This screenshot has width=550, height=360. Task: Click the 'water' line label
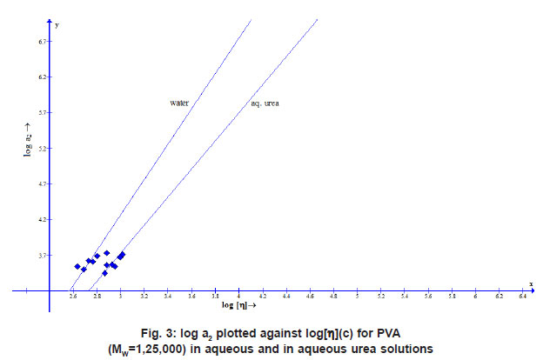coord(179,103)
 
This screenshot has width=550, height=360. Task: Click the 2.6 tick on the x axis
coord(73,297)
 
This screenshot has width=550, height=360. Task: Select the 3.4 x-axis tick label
coord(168,297)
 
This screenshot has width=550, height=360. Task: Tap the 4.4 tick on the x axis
coord(286,297)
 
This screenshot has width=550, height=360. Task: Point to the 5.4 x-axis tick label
coord(405,297)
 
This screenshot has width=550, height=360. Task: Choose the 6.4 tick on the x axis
coord(522,297)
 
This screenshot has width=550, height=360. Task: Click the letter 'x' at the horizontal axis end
coord(531,284)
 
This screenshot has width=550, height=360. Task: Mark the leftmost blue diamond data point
coord(77,266)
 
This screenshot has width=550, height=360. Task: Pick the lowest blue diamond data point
coord(104,273)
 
